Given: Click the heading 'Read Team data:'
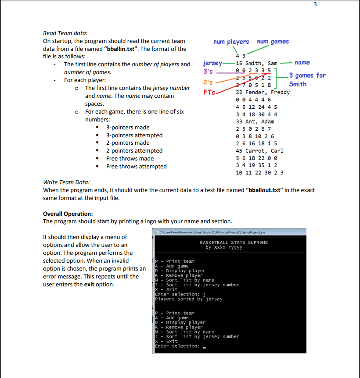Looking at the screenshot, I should (x=65, y=33).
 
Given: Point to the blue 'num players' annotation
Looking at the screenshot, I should (x=231, y=42).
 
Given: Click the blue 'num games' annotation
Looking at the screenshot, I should (x=273, y=42).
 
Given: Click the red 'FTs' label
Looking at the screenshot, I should (x=209, y=93).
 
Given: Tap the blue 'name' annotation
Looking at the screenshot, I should (x=302, y=63).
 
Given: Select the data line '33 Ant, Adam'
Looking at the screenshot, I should (x=255, y=121).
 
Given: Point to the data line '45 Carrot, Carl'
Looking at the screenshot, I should (x=259, y=151).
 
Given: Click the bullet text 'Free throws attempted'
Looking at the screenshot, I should (x=136, y=167).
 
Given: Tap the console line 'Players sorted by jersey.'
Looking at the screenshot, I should (x=190, y=299).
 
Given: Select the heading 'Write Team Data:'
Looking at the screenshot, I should (x=66, y=182).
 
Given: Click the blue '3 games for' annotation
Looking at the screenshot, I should (x=307, y=75).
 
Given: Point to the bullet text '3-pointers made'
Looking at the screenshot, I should (x=128, y=128).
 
